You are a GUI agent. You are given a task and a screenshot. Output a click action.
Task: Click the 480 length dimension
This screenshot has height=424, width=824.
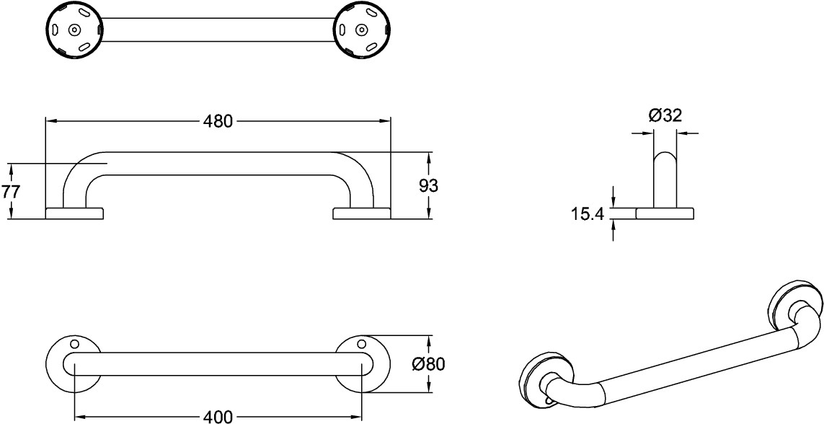click(x=218, y=121)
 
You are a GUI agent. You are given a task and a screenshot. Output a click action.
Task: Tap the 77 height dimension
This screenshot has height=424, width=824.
click(x=10, y=192)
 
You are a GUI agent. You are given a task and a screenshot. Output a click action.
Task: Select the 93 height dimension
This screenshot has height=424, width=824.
click(x=429, y=185)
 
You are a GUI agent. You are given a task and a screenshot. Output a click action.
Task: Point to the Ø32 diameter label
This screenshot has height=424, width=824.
click(x=665, y=115)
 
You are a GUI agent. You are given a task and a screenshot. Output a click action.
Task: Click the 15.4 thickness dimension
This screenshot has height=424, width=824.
click(x=588, y=214)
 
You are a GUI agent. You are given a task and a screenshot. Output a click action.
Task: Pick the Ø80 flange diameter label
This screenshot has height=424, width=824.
click(x=427, y=363)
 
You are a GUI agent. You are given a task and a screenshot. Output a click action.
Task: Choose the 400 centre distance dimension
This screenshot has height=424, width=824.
click(x=218, y=418)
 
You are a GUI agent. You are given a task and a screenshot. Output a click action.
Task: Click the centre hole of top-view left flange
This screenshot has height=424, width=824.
click(x=75, y=30)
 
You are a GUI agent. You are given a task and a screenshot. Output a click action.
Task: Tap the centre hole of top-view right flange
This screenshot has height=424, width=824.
click(x=361, y=30)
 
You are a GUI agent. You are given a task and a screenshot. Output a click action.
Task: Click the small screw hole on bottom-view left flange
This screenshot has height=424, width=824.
click(x=74, y=344)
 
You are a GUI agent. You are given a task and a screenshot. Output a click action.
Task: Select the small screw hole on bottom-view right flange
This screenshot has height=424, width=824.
click(x=361, y=344)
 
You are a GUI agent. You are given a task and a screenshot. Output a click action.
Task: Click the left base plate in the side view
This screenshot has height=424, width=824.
click(x=75, y=213)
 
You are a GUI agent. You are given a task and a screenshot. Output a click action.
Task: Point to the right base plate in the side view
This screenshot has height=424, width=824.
click(x=362, y=213)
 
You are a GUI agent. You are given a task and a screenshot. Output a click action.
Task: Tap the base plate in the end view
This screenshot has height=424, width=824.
click(x=665, y=213)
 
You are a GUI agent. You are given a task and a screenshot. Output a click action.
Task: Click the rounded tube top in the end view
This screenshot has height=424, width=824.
click(x=665, y=156)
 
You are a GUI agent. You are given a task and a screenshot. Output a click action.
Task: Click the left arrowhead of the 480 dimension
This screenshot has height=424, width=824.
click(x=50, y=121)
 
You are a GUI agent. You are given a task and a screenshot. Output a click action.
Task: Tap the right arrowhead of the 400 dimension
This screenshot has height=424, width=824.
click(x=357, y=418)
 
